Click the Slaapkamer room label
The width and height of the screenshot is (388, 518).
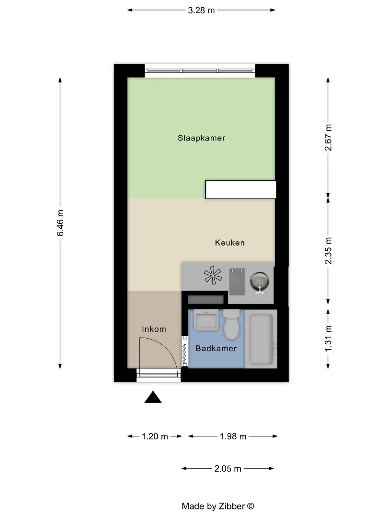[201, 138]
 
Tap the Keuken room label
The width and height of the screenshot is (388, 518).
[229, 243]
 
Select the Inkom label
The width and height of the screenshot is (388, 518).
[154, 329]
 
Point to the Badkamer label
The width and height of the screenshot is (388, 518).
[216, 348]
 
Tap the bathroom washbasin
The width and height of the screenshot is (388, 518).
[206, 320]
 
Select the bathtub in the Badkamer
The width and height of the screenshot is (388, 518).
[262, 339]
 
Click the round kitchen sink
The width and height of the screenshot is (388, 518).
[259, 282]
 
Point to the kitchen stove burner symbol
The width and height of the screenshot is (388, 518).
[213, 275]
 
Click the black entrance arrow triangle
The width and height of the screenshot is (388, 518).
[153, 397]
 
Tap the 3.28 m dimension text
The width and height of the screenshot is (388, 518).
[201, 10]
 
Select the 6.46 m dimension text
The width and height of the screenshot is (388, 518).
[60, 223]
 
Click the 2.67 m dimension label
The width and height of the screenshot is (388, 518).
[328, 138]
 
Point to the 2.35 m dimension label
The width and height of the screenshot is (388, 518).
[328, 251]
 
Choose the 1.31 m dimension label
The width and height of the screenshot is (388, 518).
[328, 339]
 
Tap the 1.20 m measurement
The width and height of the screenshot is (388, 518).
[155, 436]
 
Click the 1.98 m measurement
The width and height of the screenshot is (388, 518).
[233, 436]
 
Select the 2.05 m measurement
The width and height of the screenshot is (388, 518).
[228, 469]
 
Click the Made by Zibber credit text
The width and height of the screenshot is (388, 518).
[218, 506]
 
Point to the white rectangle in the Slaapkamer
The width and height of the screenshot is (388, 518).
[240, 189]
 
